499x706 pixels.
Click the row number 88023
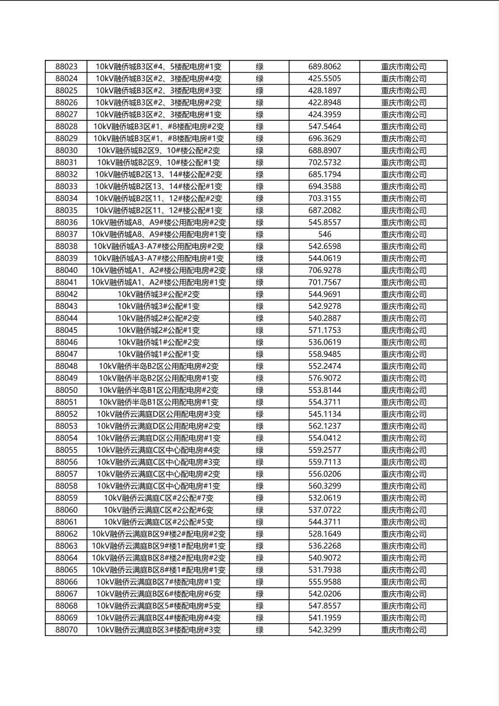coord(67,67)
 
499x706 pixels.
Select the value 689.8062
coord(324,67)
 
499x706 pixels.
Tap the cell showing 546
coord(324,234)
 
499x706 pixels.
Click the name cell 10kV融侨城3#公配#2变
coord(158,294)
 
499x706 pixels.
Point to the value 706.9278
coord(324,270)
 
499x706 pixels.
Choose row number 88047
coord(67,354)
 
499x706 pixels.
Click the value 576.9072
coord(324,378)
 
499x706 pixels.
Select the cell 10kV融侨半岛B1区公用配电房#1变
coord(158,402)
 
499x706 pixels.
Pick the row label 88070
coord(67,630)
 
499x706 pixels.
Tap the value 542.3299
coord(324,630)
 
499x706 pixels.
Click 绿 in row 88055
coord(260,450)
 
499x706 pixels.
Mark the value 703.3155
coord(324,199)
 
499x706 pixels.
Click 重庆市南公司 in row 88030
coord(403,150)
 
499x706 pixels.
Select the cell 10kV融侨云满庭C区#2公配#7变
coord(158,498)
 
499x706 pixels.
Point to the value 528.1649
coord(324,534)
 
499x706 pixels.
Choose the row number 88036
coord(67,223)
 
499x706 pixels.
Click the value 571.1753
coord(324,330)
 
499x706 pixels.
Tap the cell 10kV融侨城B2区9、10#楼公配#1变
coord(158,163)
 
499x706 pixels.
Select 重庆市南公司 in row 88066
coord(403,582)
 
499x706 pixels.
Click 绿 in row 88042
coord(260,294)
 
